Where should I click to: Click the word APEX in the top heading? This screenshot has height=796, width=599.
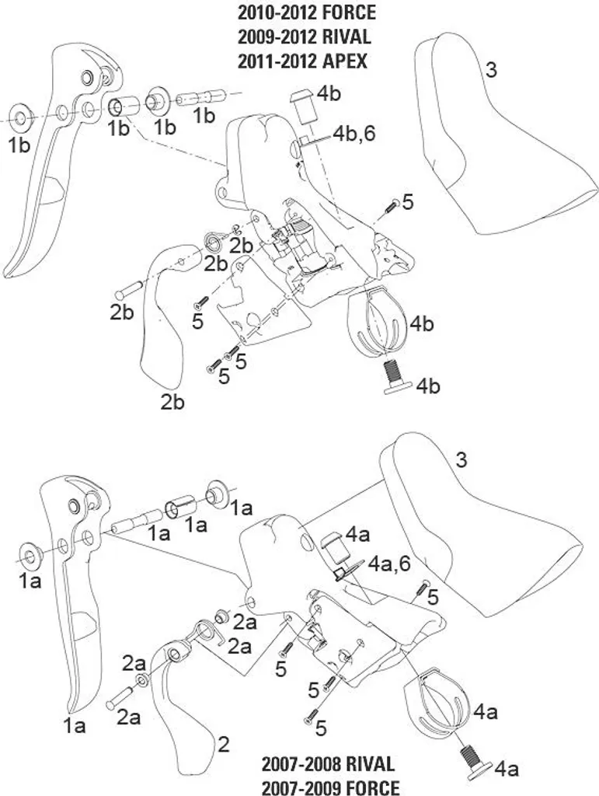tap(344, 61)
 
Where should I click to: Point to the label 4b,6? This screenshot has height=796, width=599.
tap(354, 133)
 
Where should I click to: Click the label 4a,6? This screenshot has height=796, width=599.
tap(390, 563)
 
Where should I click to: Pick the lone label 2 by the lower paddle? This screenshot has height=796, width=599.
tap(224, 745)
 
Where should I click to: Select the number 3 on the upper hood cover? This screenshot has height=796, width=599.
tap(491, 70)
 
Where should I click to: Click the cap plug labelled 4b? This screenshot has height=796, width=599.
tap(302, 106)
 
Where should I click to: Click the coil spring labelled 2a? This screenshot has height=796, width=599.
tap(207, 633)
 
